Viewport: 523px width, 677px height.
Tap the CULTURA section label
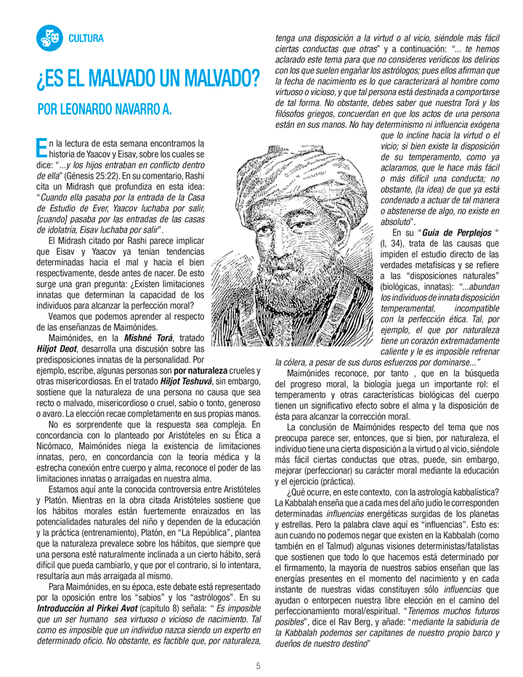[86, 38]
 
